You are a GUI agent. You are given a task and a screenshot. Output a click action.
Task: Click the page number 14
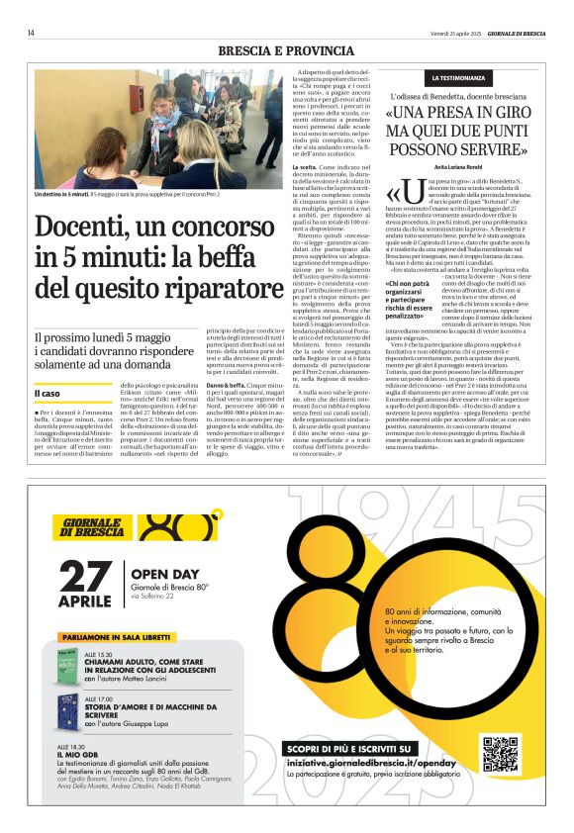click(32, 33)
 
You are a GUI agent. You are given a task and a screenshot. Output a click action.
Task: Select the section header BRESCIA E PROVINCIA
click(286, 50)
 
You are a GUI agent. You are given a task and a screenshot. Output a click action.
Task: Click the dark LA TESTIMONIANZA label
click(457, 77)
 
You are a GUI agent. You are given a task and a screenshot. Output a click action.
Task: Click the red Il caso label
click(48, 394)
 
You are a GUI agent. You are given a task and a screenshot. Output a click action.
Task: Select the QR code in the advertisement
click(501, 756)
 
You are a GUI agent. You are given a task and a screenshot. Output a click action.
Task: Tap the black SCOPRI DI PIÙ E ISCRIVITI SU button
click(350, 749)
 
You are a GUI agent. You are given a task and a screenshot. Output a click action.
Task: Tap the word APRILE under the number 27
click(86, 602)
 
